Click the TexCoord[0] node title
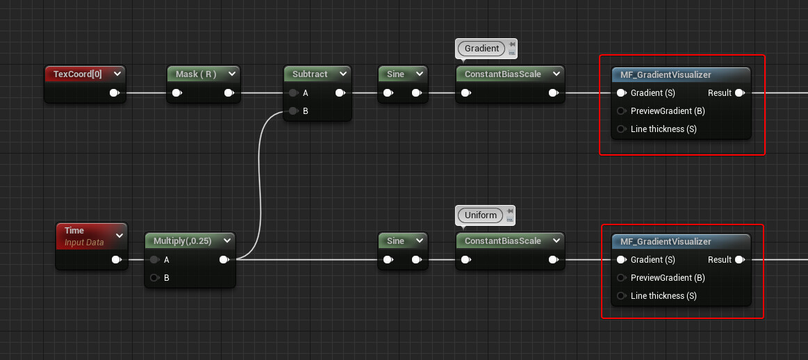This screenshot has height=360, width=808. click(x=77, y=74)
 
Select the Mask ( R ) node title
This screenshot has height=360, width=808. click(x=195, y=74)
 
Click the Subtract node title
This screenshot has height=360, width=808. click(x=310, y=74)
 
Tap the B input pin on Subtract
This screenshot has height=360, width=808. click(x=294, y=111)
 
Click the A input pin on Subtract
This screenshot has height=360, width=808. click(x=294, y=93)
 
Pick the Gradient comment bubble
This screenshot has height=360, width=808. click(x=481, y=49)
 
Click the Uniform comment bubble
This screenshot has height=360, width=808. click(x=481, y=215)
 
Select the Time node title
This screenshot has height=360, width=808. click(x=74, y=231)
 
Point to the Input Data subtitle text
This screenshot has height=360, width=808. click(x=84, y=243)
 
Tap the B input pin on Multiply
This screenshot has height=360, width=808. click(x=154, y=278)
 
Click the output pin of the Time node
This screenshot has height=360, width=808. click(x=116, y=260)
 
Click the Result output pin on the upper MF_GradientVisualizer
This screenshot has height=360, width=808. click(x=740, y=93)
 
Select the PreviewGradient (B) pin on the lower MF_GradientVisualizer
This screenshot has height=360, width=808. click(x=621, y=278)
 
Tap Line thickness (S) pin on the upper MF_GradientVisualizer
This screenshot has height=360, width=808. click(x=621, y=129)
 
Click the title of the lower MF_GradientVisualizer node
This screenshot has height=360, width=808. click(x=666, y=241)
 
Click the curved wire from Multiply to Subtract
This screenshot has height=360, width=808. click(x=261, y=181)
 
